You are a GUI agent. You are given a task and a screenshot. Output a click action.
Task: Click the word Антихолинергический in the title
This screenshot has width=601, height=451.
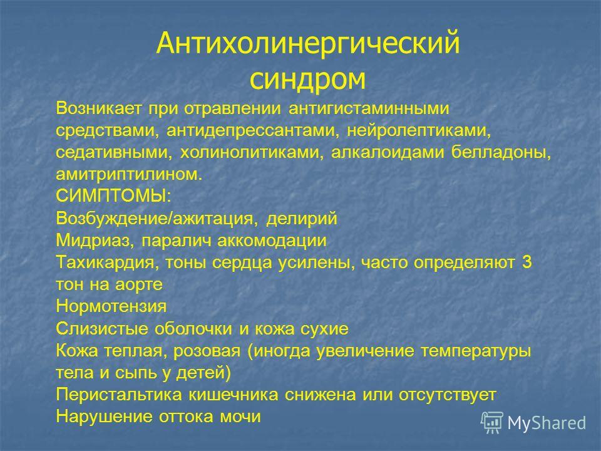coord(308,43)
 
